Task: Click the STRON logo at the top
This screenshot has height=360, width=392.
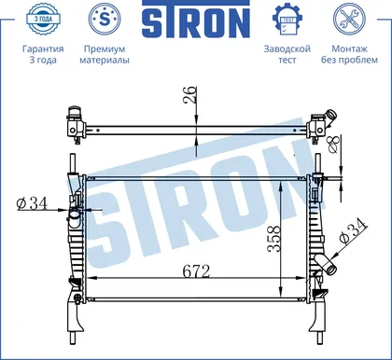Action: pyautogui.click(x=196, y=19)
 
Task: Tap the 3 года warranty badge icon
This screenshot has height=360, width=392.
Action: pyautogui.click(x=43, y=19)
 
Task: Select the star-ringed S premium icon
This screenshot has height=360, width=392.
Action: pyautogui.click(x=105, y=19)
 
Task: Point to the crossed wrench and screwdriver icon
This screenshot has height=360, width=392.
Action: pyautogui.click(x=349, y=19)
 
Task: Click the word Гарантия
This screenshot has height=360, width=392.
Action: pyautogui.click(x=43, y=48)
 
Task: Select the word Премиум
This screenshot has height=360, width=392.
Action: pyautogui.click(x=105, y=48)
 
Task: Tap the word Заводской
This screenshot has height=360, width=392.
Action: pyautogui.click(x=287, y=48)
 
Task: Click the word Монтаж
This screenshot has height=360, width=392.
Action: pyautogui.click(x=349, y=48)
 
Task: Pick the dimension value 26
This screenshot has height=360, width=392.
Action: pyautogui.click(x=190, y=94)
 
